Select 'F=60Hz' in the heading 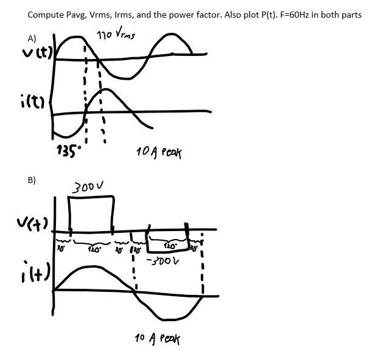click(287, 15)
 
